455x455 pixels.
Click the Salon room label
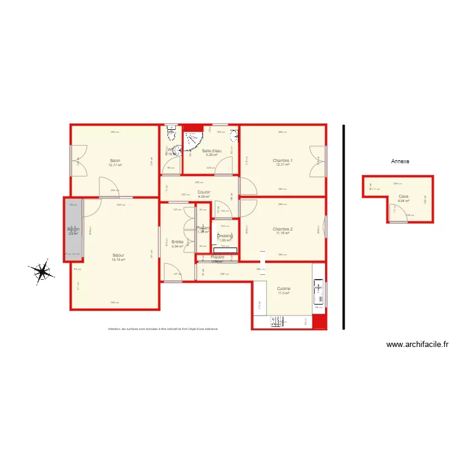pyautogui.click(x=115, y=161)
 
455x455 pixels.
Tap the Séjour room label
pyautogui.click(x=118, y=255)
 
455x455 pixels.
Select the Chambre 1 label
pyautogui.click(x=283, y=160)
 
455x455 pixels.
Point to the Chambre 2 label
pyautogui.click(x=283, y=229)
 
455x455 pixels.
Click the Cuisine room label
pyautogui.click(x=283, y=289)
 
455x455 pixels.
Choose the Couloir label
pyautogui.click(x=204, y=192)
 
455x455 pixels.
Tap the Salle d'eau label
pyautogui.click(x=212, y=150)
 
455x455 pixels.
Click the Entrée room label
pyautogui.click(x=177, y=242)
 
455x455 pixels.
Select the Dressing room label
pyautogui.click(x=225, y=235)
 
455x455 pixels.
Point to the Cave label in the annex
pyautogui.click(x=403, y=196)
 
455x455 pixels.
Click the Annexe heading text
pyautogui.click(x=400, y=161)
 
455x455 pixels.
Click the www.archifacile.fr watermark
pyautogui.click(x=417, y=344)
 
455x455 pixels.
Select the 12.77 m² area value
pyautogui.click(x=115, y=165)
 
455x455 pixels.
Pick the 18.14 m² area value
pyautogui.click(x=118, y=260)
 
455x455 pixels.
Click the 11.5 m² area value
pyautogui.click(x=283, y=293)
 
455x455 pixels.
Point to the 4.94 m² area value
pyautogui.click(x=403, y=200)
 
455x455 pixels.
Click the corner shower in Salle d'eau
pyautogui.click(x=192, y=141)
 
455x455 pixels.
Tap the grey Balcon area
pyautogui.click(x=73, y=230)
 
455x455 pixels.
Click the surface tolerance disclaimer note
pyautogui.click(x=163, y=329)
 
